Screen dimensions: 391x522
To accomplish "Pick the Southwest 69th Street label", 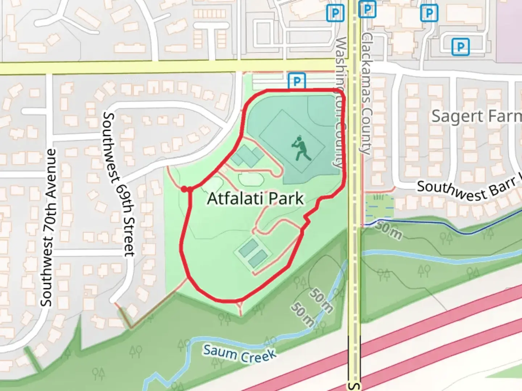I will click(x=119, y=185).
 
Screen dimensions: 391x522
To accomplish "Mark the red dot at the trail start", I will click(x=184, y=189).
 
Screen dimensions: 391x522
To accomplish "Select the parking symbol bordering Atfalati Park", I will click(x=297, y=81).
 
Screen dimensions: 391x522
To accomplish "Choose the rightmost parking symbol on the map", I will click(x=460, y=47).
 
